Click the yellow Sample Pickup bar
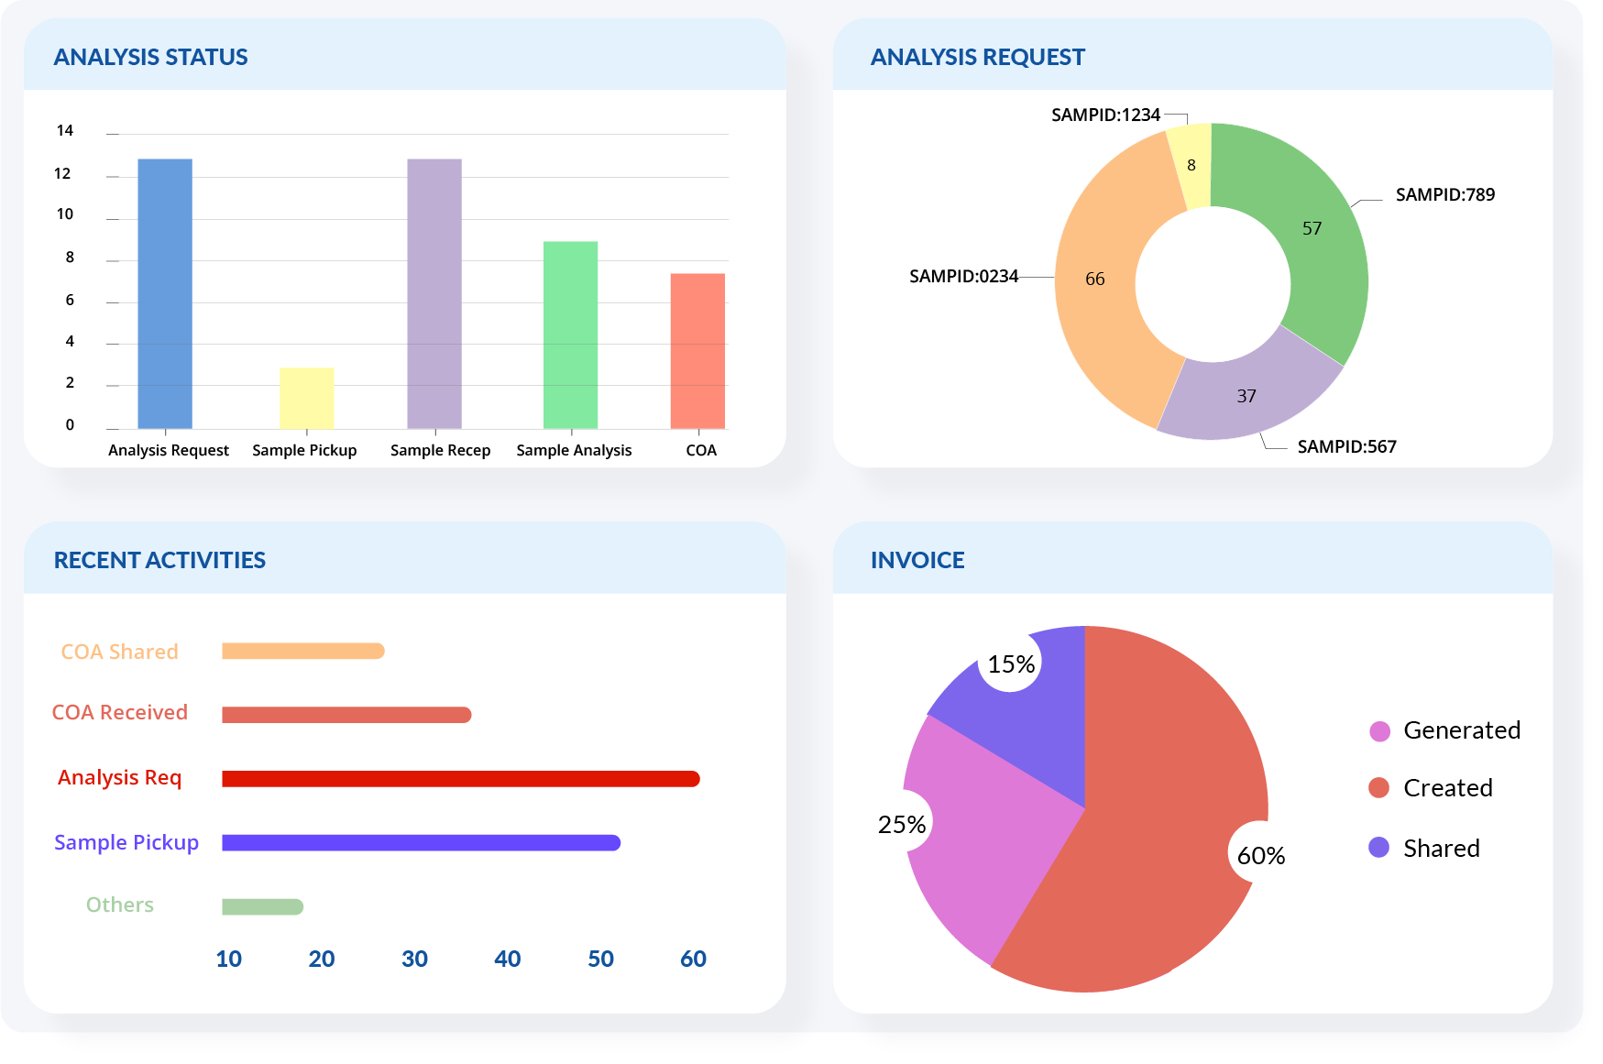pos(306,398)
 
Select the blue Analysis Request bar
pos(165,293)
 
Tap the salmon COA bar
pos(697,350)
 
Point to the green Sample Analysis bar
pos(570,335)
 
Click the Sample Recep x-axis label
pos(440,450)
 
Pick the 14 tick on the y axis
pos(64,130)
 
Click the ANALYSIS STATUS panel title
pos(150,57)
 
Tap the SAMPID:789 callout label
pos(1444,194)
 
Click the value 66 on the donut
pos(1095,279)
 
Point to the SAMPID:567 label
pos(1346,446)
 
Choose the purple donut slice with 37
pos(1246,397)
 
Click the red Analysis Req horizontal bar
pos(460,779)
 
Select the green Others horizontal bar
pos(262,906)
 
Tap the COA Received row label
pos(119,712)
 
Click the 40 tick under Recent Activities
pos(507,959)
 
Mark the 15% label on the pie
pos(1011,664)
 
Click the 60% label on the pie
pos(1261,855)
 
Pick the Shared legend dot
pos(1378,848)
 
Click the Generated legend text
pos(1461,730)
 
